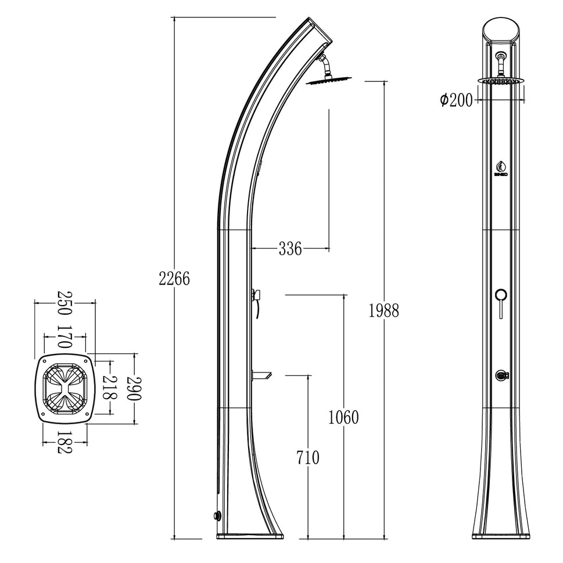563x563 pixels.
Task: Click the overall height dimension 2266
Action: (174, 278)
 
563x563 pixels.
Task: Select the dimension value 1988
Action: (383, 311)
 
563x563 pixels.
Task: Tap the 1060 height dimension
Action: (343, 417)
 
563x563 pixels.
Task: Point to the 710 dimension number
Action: (307, 458)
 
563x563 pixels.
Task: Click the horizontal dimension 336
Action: (290, 249)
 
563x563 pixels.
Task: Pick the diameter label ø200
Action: (456, 100)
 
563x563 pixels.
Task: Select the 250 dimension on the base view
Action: (64, 303)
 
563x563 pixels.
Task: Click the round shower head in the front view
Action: (500, 81)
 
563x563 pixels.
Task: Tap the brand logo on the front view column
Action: (500, 167)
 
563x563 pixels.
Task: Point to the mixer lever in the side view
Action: (256, 296)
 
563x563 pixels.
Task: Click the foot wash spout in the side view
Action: (264, 375)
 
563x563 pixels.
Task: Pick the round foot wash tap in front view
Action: (500, 376)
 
